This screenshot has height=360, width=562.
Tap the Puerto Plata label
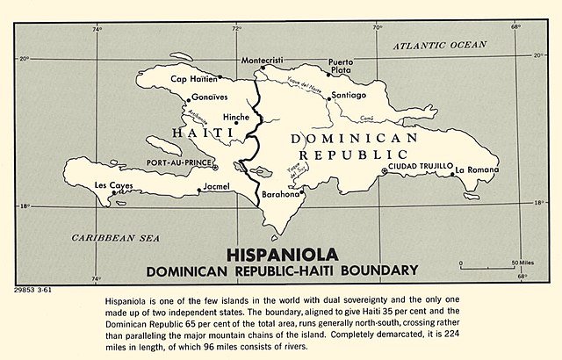340,66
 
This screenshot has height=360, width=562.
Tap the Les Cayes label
112,185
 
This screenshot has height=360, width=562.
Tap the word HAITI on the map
199,133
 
